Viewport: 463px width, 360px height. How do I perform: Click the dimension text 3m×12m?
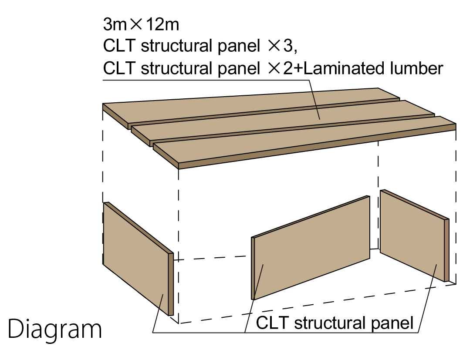[141, 24]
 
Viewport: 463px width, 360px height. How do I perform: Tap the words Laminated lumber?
[373, 68]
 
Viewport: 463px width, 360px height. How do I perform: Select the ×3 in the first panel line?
[282, 46]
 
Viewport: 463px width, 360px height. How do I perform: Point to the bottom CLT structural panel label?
[335, 323]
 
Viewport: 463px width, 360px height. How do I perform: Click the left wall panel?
[138, 259]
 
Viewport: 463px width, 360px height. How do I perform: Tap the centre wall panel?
[311, 247]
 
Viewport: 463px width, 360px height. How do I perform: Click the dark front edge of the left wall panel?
[171, 284]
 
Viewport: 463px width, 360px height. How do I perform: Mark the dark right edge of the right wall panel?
[447, 250]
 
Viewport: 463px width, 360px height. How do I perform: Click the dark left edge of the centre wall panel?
[253, 268]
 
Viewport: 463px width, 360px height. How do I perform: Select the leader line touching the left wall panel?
[158, 313]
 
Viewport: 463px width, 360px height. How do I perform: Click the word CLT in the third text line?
[119, 68]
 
